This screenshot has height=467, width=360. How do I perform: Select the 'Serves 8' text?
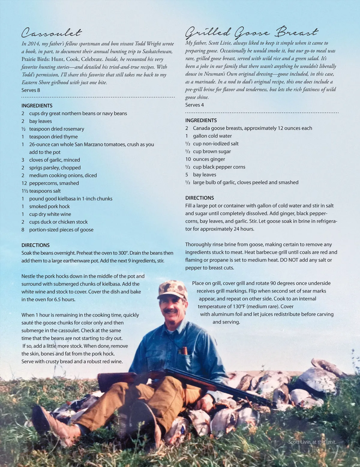pos(31,90)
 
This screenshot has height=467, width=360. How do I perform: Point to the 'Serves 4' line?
pos(194,105)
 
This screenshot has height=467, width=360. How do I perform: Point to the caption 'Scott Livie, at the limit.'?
pos(312,442)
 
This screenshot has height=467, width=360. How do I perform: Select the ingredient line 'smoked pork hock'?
pos(49,206)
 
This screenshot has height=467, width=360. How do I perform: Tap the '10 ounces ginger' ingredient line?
pos(205,159)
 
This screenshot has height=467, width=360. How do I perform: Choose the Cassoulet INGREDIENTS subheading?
pos(37,106)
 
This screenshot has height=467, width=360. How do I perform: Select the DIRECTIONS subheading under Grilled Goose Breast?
pos(199,198)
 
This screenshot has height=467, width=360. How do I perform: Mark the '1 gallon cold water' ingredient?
pos(209,136)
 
